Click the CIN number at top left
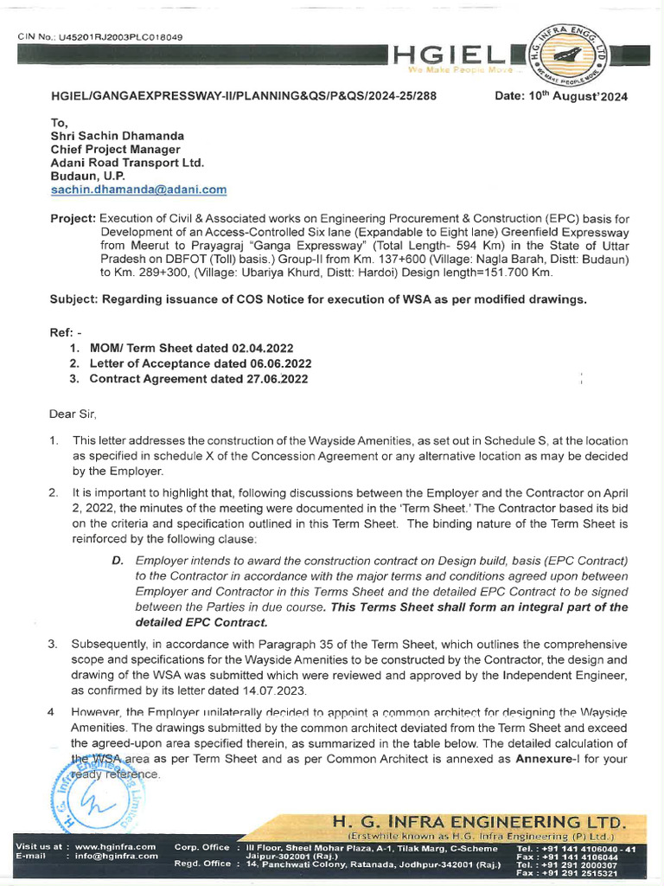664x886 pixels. [102, 37]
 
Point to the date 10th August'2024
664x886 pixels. [561, 96]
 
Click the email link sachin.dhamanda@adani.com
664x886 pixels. [138, 189]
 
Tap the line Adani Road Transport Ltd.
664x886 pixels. [127, 163]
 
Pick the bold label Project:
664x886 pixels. [73, 220]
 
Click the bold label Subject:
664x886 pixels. [75, 299]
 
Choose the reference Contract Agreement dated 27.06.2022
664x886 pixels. [198, 378]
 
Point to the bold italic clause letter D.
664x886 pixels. [117, 561]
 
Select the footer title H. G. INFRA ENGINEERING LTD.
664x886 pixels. [478, 821]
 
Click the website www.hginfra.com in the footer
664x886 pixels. [115, 846]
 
